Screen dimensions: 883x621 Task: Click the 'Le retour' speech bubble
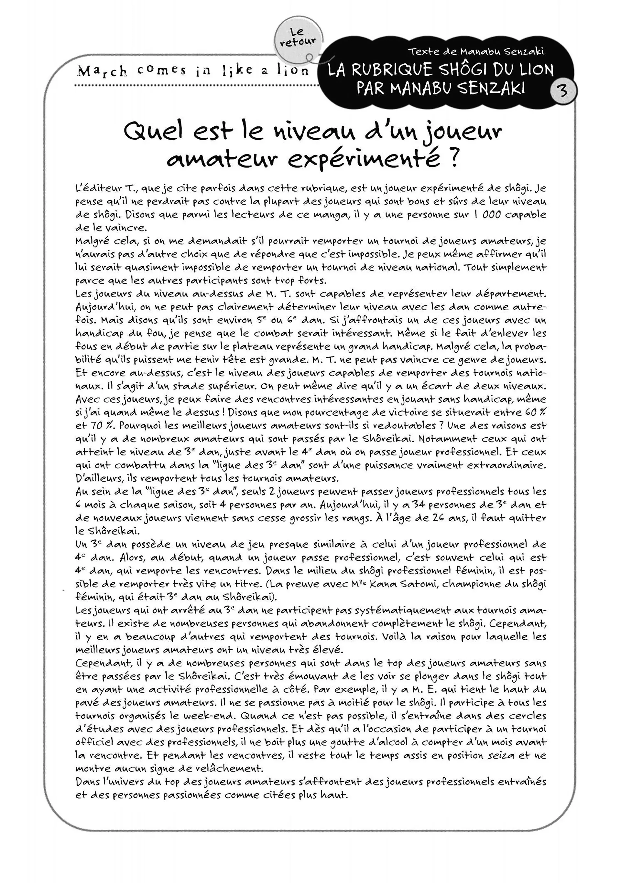298,38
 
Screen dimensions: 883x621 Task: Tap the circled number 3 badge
563,91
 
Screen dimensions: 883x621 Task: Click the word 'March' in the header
102,71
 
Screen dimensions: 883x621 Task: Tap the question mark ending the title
454,158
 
